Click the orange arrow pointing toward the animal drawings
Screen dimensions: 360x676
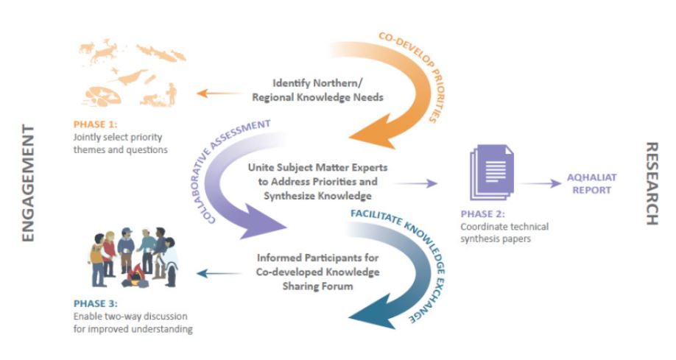click(x=219, y=93)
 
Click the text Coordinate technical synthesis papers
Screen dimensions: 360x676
click(x=504, y=232)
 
